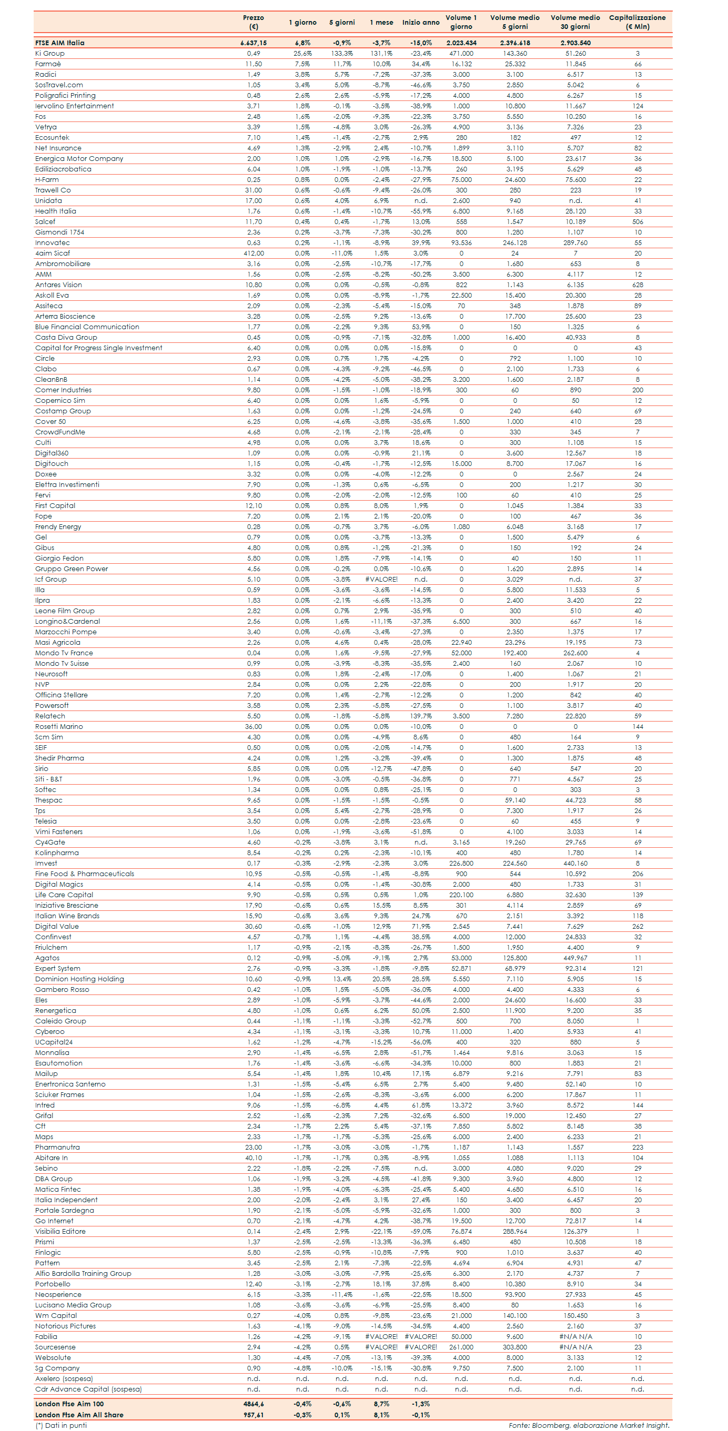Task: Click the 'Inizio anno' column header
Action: click(421, 23)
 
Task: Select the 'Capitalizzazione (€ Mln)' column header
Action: click(637, 22)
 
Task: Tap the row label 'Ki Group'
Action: click(50, 53)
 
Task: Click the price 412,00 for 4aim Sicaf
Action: click(254, 253)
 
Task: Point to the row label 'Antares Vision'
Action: click(58, 285)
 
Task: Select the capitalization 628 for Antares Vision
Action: click(638, 285)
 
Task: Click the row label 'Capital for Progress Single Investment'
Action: click(99, 348)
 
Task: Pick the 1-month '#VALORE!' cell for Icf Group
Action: click(381, 580)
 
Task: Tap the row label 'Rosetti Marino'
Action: click(59, 727)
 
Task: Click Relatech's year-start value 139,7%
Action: click(421, 716)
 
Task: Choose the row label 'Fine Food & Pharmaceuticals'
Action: click(85, 874)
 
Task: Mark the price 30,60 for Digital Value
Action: click(254, 927)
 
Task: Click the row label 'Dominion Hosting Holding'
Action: click(79, 979)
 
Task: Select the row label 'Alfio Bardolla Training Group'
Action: click(83, 1274)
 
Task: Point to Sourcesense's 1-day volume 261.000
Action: click(461, 1347)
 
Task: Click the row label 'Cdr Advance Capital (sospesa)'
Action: click(88, 1389)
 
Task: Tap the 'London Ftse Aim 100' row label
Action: click(69, 1404)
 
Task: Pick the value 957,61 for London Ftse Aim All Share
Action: click(254, 1415)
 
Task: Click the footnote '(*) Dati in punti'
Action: click(61, 1425)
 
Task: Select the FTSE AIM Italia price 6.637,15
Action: click(254, 43)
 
